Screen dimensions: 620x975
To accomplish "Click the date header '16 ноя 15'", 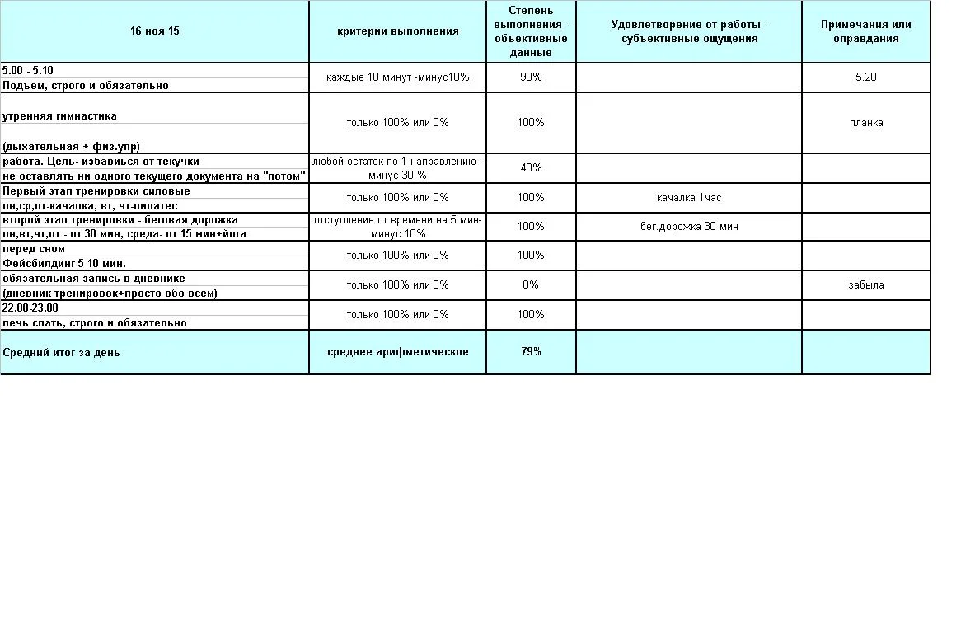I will tap(155, 31).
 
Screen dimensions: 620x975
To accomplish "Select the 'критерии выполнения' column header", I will tap(398, 31).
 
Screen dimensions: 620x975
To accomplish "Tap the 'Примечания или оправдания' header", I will tap(865, 31).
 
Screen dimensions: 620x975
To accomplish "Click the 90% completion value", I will tap(531, 77).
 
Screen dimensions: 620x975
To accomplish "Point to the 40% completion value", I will tap(531, 167).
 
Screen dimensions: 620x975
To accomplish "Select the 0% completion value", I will tap(531, 284).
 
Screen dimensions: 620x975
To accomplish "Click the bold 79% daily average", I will tap(531, 351).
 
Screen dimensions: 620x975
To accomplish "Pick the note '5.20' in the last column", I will tap(865, 77).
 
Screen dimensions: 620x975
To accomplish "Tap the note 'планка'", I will tap(865, 123).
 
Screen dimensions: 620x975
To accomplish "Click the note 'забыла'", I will tap(865, 284).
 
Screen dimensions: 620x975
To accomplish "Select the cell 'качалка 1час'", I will tap(689, 197).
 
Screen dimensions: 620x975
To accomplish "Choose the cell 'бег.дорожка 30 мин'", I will tap(689, 226).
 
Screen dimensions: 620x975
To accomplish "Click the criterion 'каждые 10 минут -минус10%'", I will tap(398, 77).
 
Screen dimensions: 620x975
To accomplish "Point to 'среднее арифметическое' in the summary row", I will tap(398, 351).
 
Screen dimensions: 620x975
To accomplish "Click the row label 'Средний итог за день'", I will tap(61, 352).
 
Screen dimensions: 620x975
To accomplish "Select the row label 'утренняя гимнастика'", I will tap(59, 116).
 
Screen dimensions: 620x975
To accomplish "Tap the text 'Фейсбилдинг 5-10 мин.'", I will tap(64, 263).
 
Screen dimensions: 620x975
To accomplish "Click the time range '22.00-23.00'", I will tap(30, 308).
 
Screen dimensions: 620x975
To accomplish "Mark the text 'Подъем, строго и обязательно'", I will tap(86, 85).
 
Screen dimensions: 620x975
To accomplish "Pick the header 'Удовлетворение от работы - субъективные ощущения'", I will tap(689, 31).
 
